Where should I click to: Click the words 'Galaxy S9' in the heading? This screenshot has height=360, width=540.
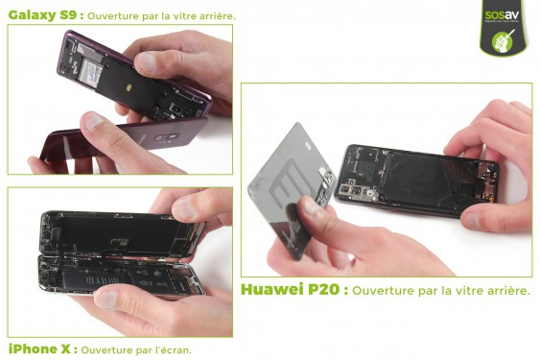tap(41, 14)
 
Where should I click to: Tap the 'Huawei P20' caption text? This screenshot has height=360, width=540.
tap(291, 289)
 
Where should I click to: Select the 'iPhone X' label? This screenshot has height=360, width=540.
tap(37, 349)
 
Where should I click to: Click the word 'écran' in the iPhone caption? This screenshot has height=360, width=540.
tap(175, 350)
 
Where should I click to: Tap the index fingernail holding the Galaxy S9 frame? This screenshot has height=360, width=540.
tap(144, 63)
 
